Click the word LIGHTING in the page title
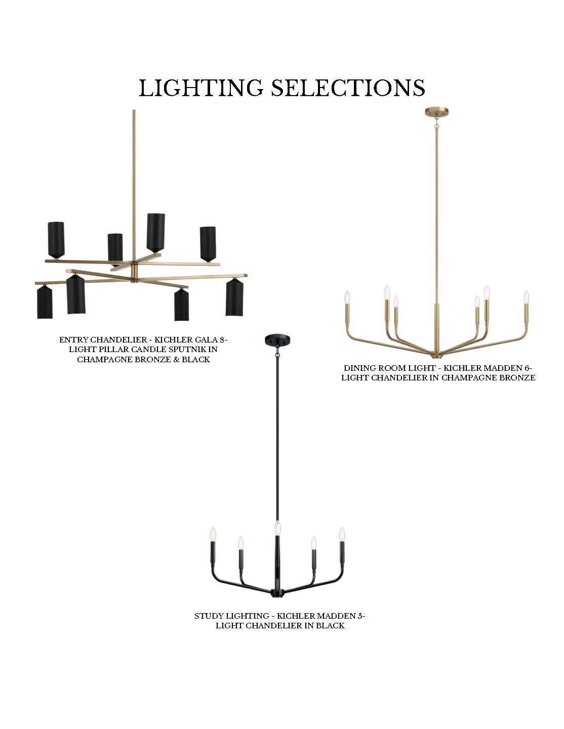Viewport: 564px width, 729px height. point(201,88)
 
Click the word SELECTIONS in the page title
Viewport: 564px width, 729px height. point(348,88)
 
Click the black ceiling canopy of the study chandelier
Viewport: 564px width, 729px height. point(277,339)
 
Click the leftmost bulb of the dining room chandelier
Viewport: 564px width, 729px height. point(347,296)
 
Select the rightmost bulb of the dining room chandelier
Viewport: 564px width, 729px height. point(526,296)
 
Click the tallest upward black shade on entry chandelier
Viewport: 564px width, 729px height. point(155,233)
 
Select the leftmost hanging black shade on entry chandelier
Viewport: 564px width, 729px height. point(45,302)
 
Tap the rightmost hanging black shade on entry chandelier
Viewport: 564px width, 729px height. point(234,297)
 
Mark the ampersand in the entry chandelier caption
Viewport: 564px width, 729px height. point(176,359)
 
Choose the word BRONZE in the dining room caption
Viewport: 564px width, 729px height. point(518,378)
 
